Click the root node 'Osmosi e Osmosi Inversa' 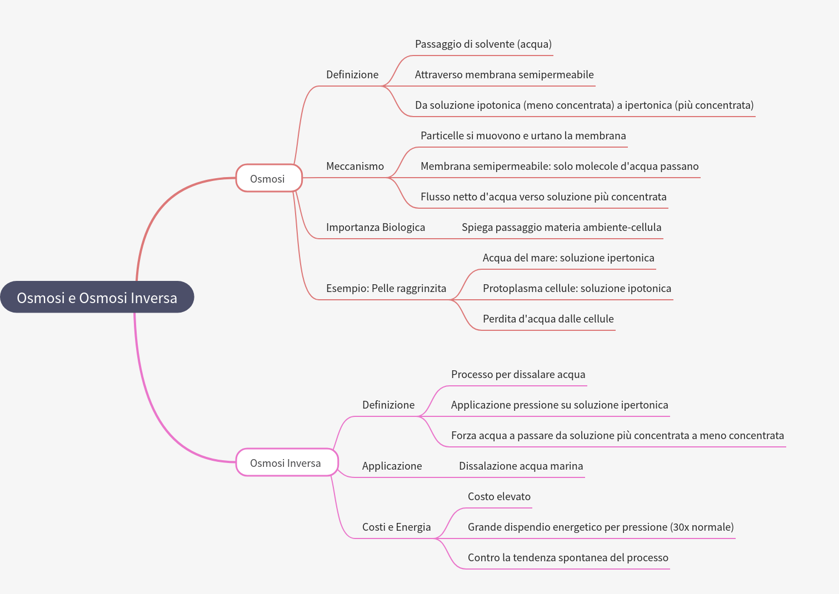pos(97,298)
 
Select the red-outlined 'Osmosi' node pos(268,178)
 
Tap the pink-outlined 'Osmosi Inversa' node pos(286,462)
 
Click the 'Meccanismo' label pos(354,166)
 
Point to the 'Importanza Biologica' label pos(375,227)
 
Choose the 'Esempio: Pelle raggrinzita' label pos(386,288)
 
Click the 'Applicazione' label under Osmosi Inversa pos(392,466)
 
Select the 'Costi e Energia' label pos(396,527)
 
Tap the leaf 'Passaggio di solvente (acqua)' pos(483,44)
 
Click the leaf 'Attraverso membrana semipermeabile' pos(504,74)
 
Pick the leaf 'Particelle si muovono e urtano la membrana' pos(523,135)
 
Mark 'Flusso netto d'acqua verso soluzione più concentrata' pos(543,197)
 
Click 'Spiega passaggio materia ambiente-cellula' pos(561,227)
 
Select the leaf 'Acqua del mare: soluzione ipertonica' pos(568,258)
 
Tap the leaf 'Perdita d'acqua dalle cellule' pos(548,319)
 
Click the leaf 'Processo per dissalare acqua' pos(518,374)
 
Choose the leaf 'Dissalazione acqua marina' pos(521,466)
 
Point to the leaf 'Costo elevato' pos(498,496)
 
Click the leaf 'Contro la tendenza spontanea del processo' pos(567,557)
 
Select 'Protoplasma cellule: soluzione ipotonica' pos(576,288)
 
